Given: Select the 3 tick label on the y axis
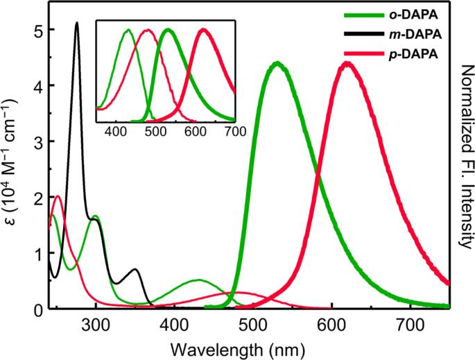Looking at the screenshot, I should tap(37, 142).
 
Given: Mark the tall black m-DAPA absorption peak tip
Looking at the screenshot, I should tap(77, 23).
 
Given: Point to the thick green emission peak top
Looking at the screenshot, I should tap(277, 63).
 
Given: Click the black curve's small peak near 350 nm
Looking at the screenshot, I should tap(136, 269).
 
